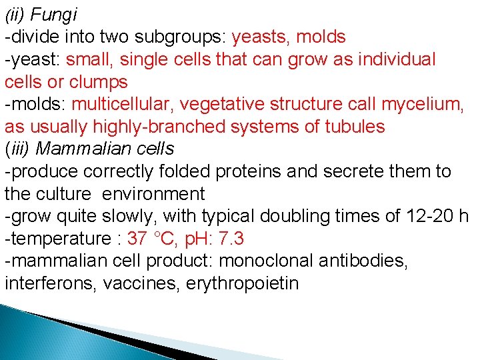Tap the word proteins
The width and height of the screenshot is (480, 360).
[x=254, y=171]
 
